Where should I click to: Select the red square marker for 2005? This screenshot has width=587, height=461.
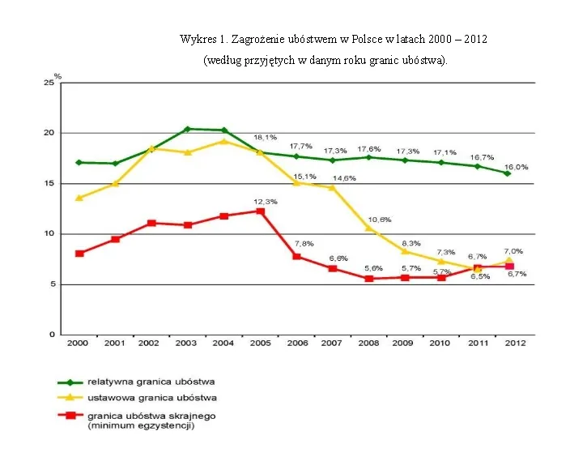pyautogui.click(x=260, y=211)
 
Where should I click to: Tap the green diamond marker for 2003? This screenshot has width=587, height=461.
pyautogui.click(x=187, y=129)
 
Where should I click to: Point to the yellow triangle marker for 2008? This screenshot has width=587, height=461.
pyautogui.click(x=368, y=228)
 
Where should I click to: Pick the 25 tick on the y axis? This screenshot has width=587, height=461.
pyautogui.click(x=49, y=83)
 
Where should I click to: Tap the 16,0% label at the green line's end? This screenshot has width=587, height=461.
pyautogui.click(x=517, y=167)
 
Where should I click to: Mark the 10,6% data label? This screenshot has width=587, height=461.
pyautogui.click(x=380, y=220)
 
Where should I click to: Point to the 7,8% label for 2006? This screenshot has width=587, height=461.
pyautogui.click(x=304, y=243)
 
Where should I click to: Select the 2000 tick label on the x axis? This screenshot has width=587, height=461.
pyautogui.click(x=78, y=344)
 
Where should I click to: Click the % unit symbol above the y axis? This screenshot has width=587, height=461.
pyautogui.click(x=58, y=76)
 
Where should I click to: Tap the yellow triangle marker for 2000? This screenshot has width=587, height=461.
pyautogui.click(x=79, y=198)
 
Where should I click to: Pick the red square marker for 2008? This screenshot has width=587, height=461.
pyautogui.click(x=369, y=279)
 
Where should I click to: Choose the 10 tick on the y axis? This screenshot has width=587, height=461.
pyautogui.click(x=49, y=233)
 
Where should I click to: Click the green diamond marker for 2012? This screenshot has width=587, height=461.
pyautogui.click(x=508, y=173)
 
